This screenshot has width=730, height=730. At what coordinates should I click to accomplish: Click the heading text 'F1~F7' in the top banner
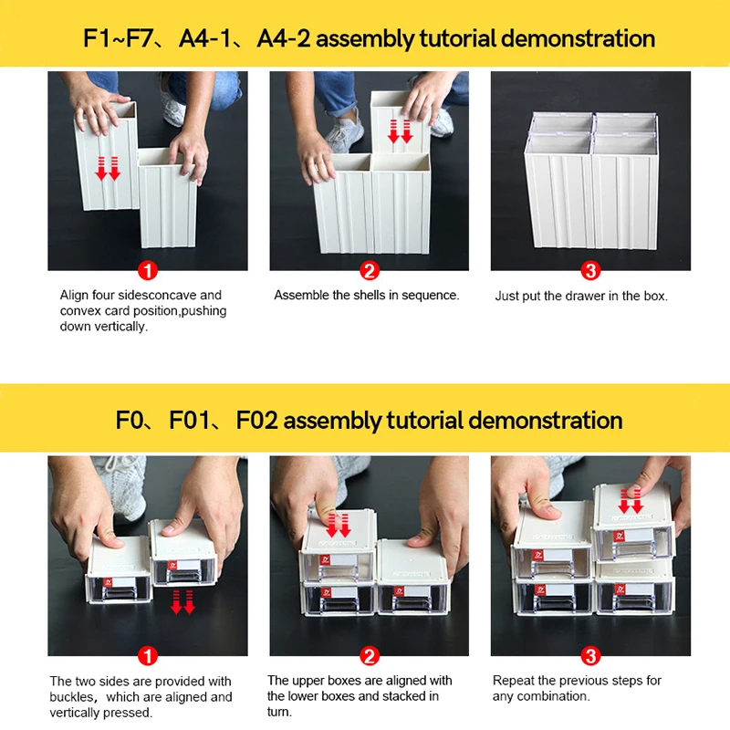click(x=118, y=39)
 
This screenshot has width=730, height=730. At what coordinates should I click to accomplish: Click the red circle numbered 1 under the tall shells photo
click(x=148, y=271)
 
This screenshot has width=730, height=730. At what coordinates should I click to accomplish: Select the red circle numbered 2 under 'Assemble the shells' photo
click(x=369, y=271)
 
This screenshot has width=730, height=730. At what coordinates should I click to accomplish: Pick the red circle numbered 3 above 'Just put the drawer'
click(x=590, y=271)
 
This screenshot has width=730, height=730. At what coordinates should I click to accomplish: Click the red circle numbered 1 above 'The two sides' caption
click(x=148, y=656)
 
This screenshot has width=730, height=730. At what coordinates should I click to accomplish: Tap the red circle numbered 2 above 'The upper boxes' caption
click(x=369, y=656)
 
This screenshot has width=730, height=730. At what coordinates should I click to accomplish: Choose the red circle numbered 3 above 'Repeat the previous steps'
click(x=590, y=656)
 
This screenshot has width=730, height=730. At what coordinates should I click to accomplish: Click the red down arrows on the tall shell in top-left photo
click(x=109, y=167)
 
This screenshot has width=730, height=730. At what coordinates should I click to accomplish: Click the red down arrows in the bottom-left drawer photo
click(x=183, y=602)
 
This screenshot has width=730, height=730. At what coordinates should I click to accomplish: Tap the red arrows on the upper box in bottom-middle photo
click(x=338, y=526)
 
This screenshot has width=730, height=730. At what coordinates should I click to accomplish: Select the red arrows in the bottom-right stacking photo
click(x=631, y=500)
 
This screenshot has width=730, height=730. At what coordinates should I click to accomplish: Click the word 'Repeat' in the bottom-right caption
click(x=512, y=681)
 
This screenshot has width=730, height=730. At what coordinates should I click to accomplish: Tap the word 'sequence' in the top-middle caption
click(x=431, y=296)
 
